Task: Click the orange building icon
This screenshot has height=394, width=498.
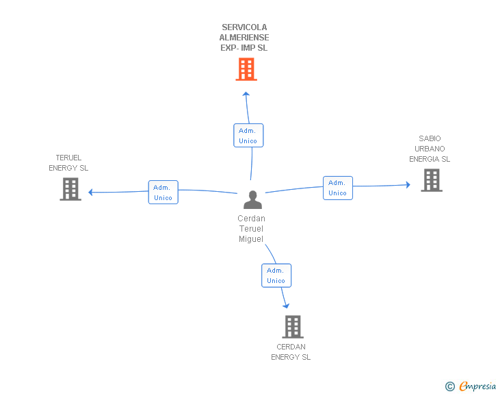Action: click(246, 69)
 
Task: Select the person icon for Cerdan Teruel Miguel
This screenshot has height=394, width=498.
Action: click(252, 199)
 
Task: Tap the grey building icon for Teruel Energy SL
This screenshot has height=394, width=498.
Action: click(70, 189)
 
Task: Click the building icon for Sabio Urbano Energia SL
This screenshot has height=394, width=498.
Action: click(432, 180)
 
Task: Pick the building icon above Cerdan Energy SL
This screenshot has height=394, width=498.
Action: click(293, 327)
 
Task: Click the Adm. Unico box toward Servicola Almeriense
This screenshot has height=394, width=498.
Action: click(248, 135)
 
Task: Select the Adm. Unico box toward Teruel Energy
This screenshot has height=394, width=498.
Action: click(163, 193)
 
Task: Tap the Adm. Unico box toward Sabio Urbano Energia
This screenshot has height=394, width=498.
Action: click(338, 188)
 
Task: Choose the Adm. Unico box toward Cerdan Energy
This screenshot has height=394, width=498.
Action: click(276, 275)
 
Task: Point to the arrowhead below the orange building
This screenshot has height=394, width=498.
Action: click(246, 94)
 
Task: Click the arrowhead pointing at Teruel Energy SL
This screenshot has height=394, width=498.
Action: click(90, 193)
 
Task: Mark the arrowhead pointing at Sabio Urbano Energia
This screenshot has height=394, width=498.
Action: click(408, 184)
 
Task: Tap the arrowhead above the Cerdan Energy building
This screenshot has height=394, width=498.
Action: click(286, 306)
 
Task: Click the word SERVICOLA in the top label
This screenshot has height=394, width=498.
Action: click(244, 27)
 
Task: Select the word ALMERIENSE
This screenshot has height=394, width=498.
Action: click(244, 37)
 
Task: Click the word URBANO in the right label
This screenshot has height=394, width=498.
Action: click(430, 149)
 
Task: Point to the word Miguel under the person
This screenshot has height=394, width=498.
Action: click(251, 239)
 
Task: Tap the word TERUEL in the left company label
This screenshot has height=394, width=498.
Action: click(68, 158)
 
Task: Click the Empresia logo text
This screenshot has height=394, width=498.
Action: click(477, 386)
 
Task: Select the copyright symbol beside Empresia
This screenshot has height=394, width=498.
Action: click(450, 386)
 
